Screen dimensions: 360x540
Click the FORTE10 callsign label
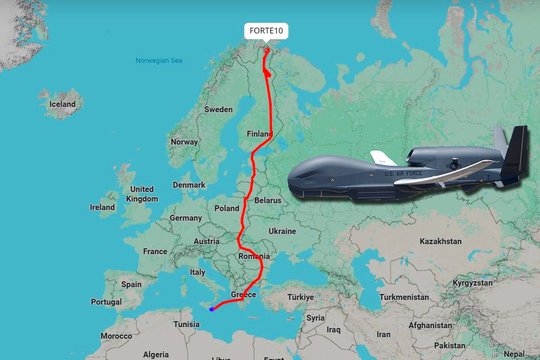point(267,31)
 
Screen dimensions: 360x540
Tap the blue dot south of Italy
point(211,308)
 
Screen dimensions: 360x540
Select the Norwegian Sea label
point(160,61)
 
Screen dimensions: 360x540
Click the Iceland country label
point(63,103)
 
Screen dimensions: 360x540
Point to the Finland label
point(260,133)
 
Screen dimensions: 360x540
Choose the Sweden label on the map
point(218,109)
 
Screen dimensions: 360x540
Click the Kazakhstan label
point(440,241)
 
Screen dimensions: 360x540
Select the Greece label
point(244,295)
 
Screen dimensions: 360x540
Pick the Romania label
point(255,257)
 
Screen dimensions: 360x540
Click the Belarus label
point(267,200)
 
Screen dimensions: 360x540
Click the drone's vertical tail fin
point(516,150)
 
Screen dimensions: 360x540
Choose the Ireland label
point(102,208)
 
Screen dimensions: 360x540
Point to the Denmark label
point(188,184)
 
